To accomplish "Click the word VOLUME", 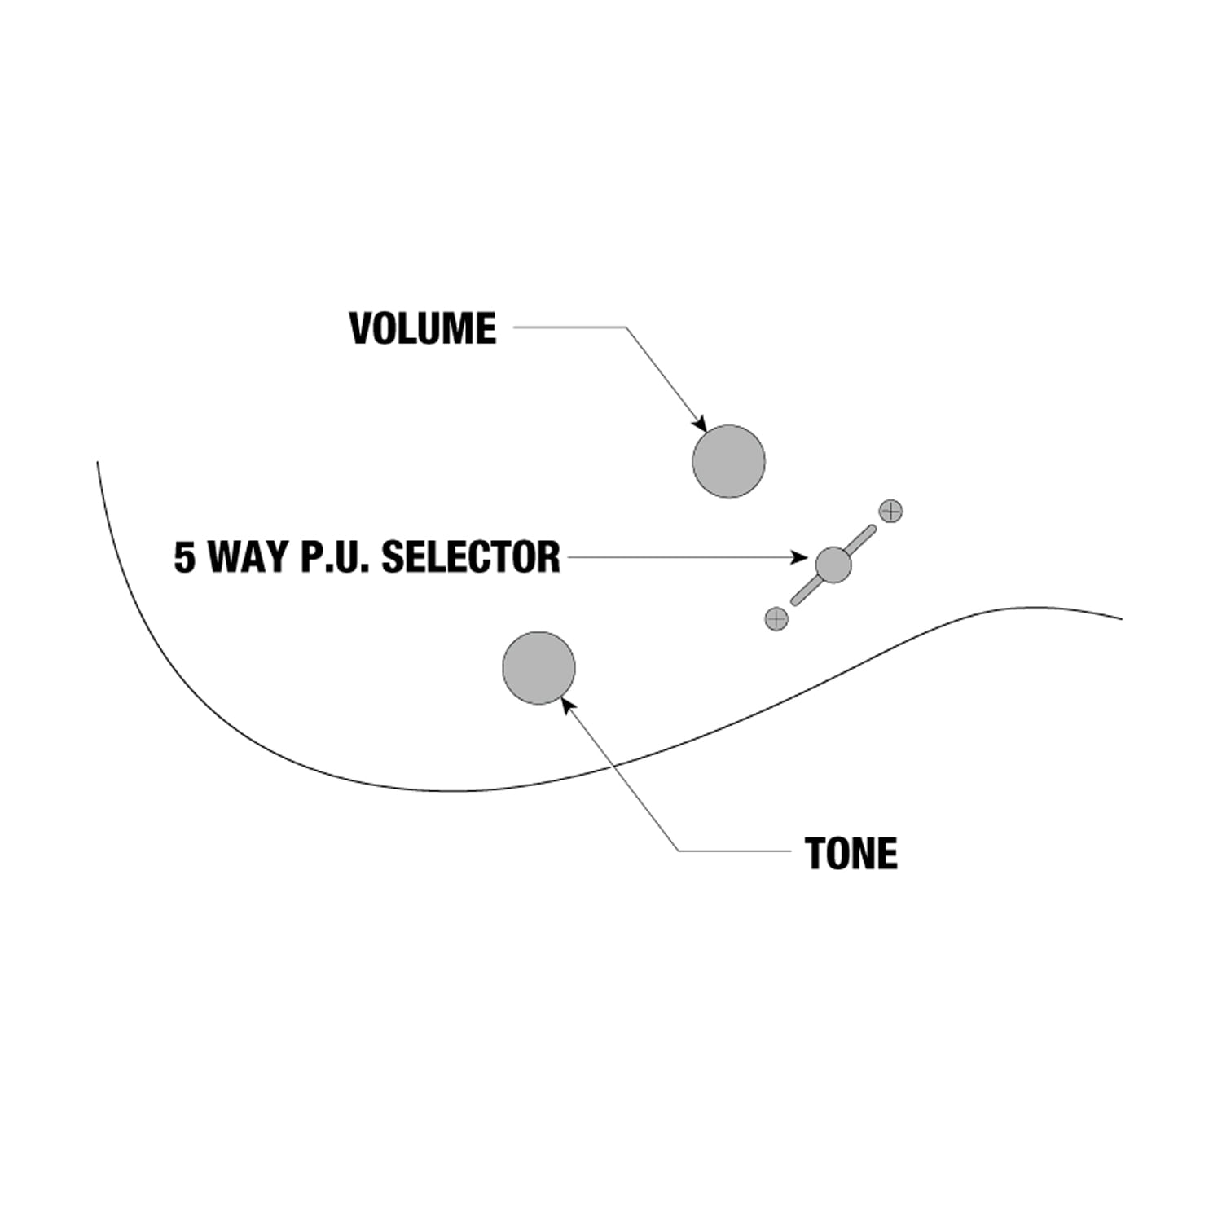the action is [423, 328].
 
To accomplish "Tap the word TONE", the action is [851, 854].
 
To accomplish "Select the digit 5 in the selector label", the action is [185, 558].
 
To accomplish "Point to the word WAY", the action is [250, 558].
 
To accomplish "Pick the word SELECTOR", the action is [471, 558].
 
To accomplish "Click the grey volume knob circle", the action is [728, 461].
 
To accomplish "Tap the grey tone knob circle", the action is [538, 668].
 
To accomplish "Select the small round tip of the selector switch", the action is [833, 565].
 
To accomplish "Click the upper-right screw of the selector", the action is [891, 512].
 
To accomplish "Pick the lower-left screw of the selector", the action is [776, 619].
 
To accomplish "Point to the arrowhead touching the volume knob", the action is [700, 424].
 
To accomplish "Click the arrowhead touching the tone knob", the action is [568, 703].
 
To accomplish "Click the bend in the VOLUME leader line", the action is [626, 327].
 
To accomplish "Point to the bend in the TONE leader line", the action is [679, 851].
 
